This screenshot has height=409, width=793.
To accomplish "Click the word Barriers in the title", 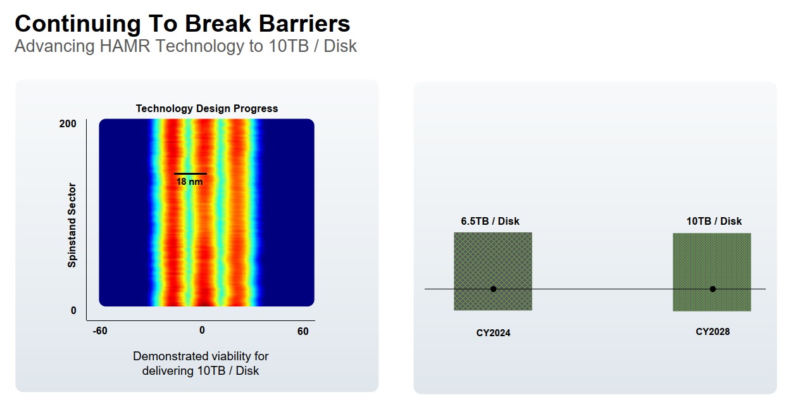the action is click(x=304, y=23).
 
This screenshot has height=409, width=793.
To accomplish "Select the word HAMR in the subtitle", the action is click(x=125, y=46).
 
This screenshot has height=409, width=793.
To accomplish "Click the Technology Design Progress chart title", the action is click(x=207, y=108).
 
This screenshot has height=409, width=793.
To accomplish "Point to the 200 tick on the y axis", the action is click(x=68, y=123).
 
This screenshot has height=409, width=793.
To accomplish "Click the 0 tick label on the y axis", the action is click(x=73, y=311).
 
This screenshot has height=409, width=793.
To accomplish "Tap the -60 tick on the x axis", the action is click(x=100, y=330).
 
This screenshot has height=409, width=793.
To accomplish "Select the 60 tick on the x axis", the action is click(x=303, y=331).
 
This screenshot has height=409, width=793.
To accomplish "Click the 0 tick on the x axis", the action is click(x=202, y=330).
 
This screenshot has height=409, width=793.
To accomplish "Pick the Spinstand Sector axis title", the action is click(x=72, y=225).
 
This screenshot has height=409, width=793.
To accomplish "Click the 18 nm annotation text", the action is click(x=189, y=182).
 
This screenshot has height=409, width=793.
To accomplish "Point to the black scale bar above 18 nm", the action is click(x=190, y=174).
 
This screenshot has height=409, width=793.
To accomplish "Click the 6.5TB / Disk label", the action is click(x=490, y=222).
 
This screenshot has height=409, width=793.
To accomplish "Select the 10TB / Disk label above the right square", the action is click(x=714, y=222).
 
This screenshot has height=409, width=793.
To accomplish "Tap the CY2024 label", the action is click(x=493, y=333).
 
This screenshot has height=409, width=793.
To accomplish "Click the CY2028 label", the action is click(x=713, y=332).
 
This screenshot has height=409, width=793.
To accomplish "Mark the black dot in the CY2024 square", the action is click(x=493, y=289).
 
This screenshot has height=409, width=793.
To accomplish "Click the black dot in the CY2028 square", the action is click(x=713, y=289).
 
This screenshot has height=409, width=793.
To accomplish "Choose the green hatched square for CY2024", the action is click(x=493, y=271).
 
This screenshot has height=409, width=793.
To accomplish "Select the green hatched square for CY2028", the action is click(x=712, y=272).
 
